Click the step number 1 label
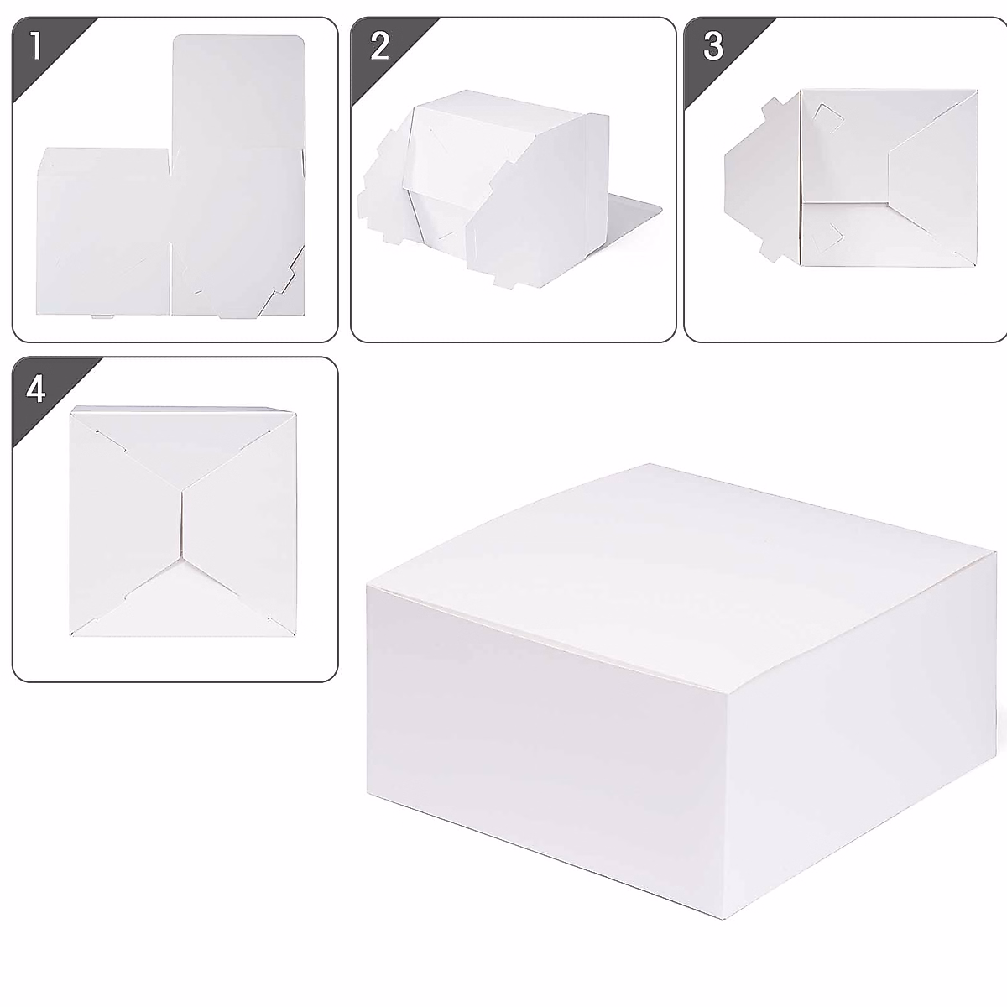click(x=34, y=45)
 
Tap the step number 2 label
click(x=379, y=45)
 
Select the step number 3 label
click(x=712, y=45)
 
